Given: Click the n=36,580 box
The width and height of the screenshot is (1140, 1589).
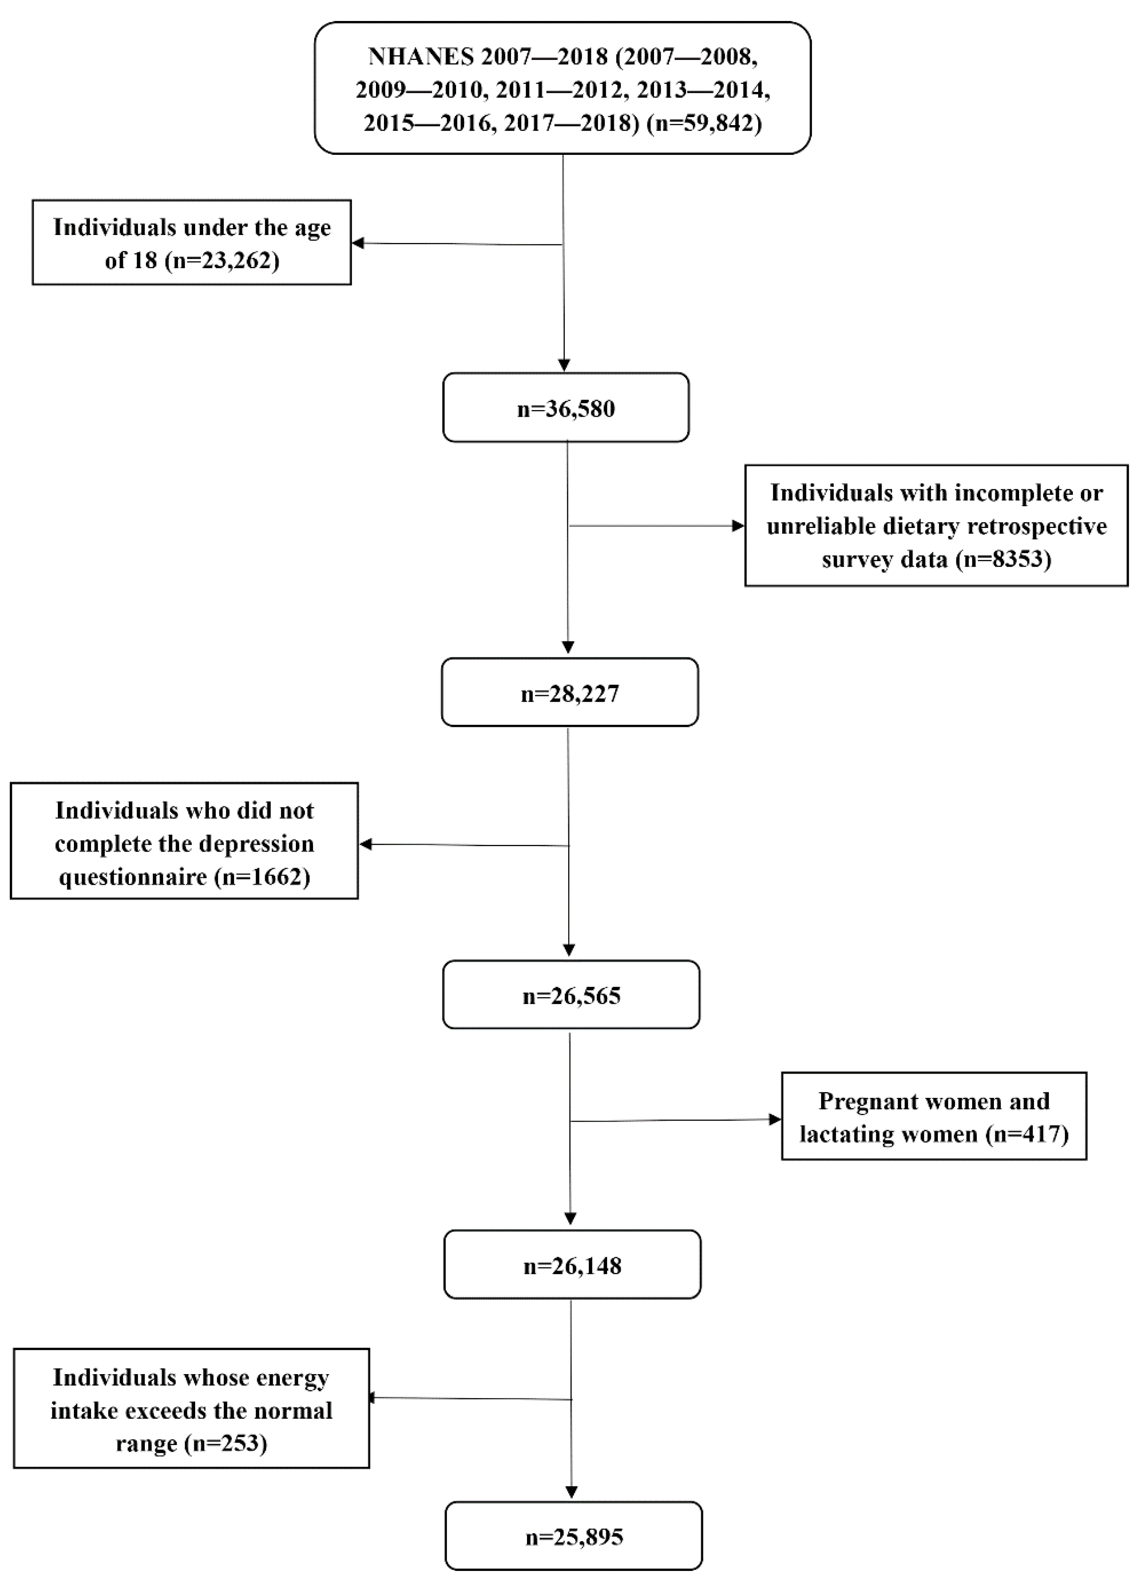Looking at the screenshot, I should click(x=566, y=408).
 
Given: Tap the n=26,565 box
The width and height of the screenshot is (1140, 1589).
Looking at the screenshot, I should click(x=571, y=995).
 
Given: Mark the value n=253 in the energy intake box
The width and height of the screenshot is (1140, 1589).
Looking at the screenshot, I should click(x=225, y=1443).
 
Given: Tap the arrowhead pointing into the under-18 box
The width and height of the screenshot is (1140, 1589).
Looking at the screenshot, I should click(x=357, y=243).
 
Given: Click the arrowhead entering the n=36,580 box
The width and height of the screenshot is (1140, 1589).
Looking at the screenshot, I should click(x=563, y=366).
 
